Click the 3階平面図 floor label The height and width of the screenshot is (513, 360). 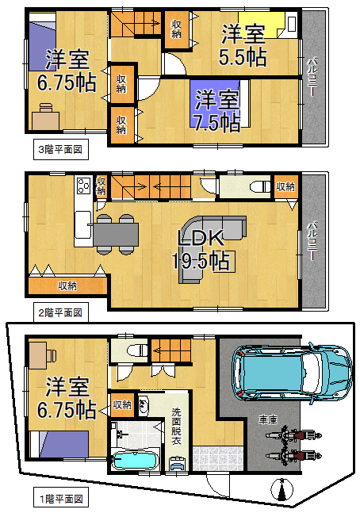(x=60, y=150)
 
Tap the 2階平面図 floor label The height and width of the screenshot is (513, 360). (x=60, y=312)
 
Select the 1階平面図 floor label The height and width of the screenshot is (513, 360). (x=61, y=499)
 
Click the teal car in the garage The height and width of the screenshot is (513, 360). (x=293, y=373)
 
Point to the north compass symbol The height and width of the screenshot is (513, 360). (x=281, y=489)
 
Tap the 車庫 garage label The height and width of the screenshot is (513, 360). (x=268, y=419)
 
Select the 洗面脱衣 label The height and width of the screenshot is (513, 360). (x=176, y=426)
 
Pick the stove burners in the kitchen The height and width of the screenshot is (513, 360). (x=83, y=186)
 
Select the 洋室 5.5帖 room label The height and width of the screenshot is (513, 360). (x=243, y=46)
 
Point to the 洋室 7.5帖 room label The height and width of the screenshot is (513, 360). (x=217, y=111)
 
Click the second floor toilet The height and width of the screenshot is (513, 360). (x=260, y=187)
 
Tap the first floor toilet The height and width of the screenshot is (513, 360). (x=138, y=350)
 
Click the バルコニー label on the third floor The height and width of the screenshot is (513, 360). (x=313, y=77)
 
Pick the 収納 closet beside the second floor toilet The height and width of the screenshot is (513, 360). (x=285, y=187)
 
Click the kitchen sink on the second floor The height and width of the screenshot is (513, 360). (x=82, y=224)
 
